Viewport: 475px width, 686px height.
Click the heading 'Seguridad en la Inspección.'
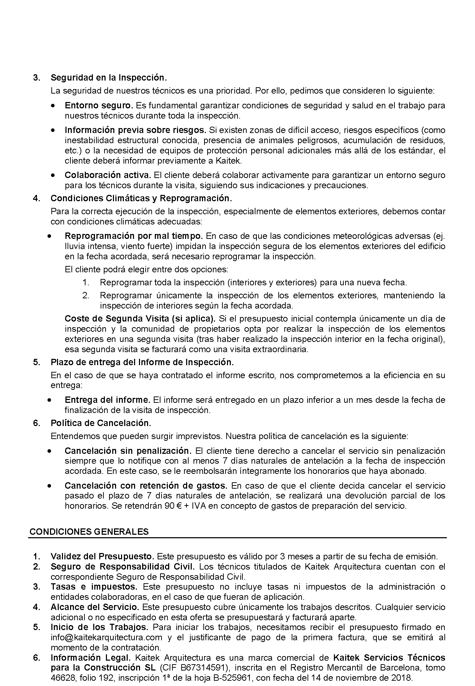[108, 77]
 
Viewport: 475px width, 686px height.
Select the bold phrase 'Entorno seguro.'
[99, 105]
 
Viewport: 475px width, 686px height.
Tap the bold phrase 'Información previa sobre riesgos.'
[135, 130]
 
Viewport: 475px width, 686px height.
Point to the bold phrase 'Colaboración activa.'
[108, 175]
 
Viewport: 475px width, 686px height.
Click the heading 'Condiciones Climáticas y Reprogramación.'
[141, 198]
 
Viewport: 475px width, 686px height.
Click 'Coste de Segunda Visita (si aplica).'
[140, 319]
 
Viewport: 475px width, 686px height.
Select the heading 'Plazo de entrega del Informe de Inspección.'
[142, 362]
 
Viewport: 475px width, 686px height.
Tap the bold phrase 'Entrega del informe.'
[107, 400]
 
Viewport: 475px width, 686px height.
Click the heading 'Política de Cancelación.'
[101, 423]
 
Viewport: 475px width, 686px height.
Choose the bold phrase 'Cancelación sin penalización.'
[128, 451]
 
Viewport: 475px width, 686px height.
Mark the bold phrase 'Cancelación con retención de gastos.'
[146, 485]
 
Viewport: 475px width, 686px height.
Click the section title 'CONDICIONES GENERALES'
[89, 532]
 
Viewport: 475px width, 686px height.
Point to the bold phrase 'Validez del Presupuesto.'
[102, 557]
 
